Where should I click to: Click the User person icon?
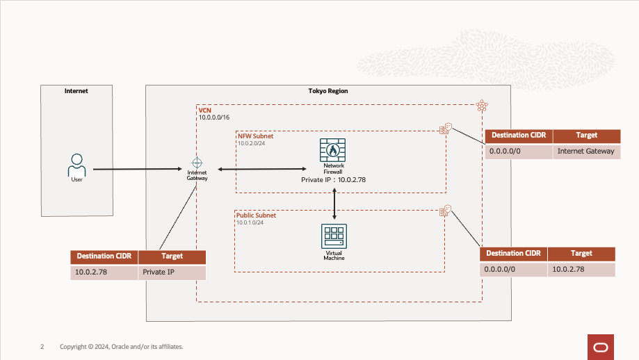76,165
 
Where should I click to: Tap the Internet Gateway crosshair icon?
197,162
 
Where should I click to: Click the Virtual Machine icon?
334,237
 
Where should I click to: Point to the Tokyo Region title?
327,91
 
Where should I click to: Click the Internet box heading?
76,91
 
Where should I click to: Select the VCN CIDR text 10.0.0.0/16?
214,117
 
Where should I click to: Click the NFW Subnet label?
256,136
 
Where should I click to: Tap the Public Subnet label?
256,215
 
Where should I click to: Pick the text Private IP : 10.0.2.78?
333,179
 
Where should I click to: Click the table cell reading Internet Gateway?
586,151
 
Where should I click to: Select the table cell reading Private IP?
158,272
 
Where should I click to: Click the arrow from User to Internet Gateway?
139,169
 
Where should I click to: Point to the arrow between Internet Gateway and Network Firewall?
261,169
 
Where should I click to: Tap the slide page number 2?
42,346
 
